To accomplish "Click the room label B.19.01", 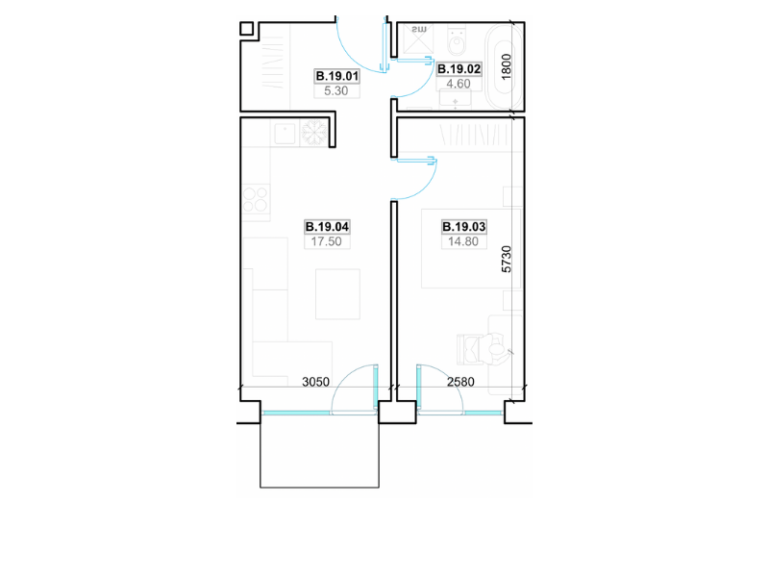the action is coord(337,76).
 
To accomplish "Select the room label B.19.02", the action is coord(459,69).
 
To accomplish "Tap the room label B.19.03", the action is coord(463,227).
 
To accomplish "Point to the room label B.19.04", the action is coord(327,227).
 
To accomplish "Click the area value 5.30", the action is coord(335,90).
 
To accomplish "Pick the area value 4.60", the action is coord(459,84).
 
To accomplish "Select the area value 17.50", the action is coord(326,241).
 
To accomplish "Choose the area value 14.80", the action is coord(463,241).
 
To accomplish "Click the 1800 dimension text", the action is coord(507,66).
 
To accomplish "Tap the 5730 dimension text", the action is coord(507,259).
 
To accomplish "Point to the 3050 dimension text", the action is coord(315,382).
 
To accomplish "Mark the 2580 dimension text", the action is coord(460,382).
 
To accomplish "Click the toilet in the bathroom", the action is coord(458,42).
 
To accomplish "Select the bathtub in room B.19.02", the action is coord(503,66).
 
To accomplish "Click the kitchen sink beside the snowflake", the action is coord(285,134).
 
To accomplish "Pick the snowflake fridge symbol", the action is coord(313,133).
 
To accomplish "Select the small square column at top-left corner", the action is coord(246,29).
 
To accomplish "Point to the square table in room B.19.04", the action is coord(338,294).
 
